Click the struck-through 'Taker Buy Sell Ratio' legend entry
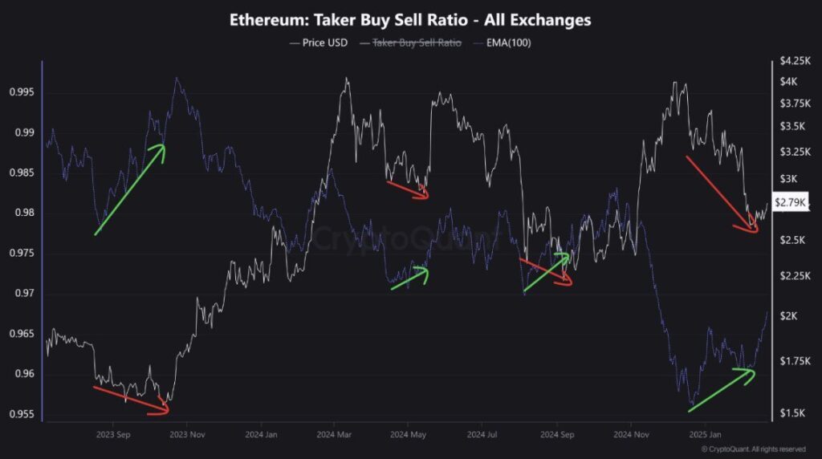[x=416, y=43]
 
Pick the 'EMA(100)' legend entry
[x=508, y=43]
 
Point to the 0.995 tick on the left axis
[x=22, y=92]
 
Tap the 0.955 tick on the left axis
[x=22, y=414]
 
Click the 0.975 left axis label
[x=22, y=254]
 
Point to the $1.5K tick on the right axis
[x=791, y=412]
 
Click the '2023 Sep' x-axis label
[x=112, y=434]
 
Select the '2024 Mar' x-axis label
[x=333, y=434]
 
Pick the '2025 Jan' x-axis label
[x=704, y=434]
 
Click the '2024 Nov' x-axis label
[x=631, y=434]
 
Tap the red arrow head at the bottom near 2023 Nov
[x=167, y=411]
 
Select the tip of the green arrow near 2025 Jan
[x=754, y=370]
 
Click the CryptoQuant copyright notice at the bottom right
[x=753, y=449]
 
